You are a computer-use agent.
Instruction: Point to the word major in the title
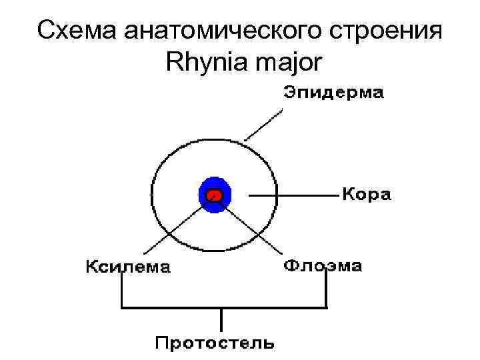click(x=291, y=65)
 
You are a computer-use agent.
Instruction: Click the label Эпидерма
click(x=333, y=94)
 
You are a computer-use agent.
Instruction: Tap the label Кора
click(x=367, y=195)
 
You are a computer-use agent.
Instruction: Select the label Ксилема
click(x=127, y=267)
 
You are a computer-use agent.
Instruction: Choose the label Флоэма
click(x=323, y=266)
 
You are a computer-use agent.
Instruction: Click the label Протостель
click(x=214, y=344)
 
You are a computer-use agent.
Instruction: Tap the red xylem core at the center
click(x=214, y=195)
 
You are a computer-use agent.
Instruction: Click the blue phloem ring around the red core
click(x=214, y=184)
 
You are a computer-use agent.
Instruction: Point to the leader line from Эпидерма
click(x=261, y=124)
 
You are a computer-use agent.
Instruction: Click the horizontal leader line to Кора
click(x=293, y=196)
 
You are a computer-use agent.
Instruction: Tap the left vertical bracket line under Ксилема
click(x=122, y=291)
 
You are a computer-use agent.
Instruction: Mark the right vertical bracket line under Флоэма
click(x=326, y=291)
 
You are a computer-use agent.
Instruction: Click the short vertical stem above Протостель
click(x=221, y=319)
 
